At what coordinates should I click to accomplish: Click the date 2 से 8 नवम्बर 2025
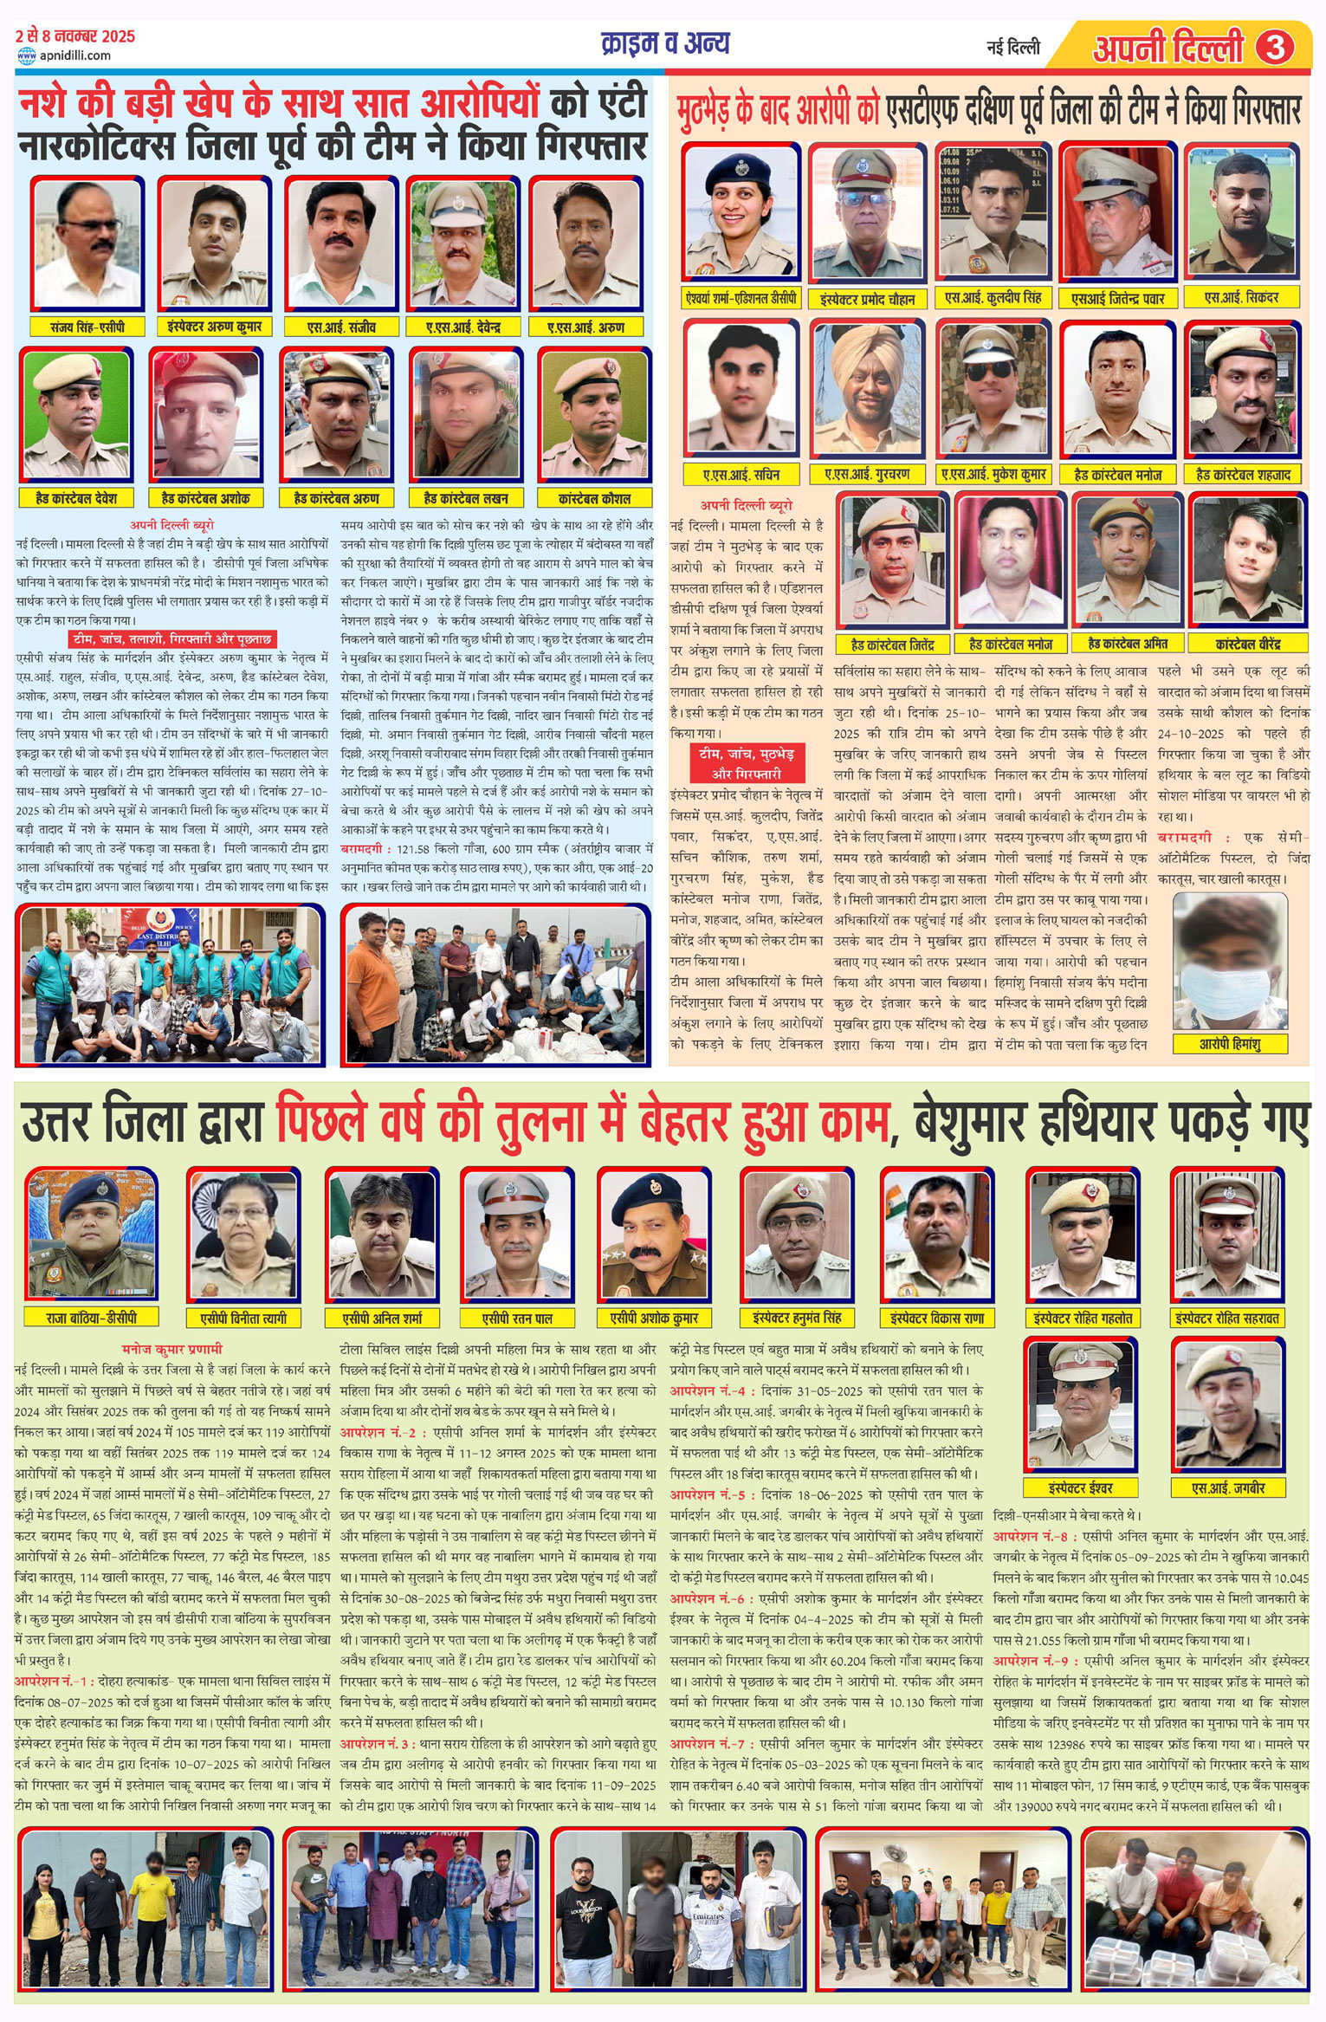(75, 36)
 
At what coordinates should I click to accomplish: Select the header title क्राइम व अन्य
(665, 43)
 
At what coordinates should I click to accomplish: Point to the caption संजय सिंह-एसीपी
(87, 327)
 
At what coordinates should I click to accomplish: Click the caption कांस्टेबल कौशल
(594, 498)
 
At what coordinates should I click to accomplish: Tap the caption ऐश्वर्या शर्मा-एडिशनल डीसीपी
(741, 298)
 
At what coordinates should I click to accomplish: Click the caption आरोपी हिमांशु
(1230, 1043)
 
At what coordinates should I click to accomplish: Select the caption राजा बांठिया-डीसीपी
(91, 1318)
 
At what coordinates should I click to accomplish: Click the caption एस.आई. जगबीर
(1228, 1487)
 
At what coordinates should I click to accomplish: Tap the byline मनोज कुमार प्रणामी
(172, 1348)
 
